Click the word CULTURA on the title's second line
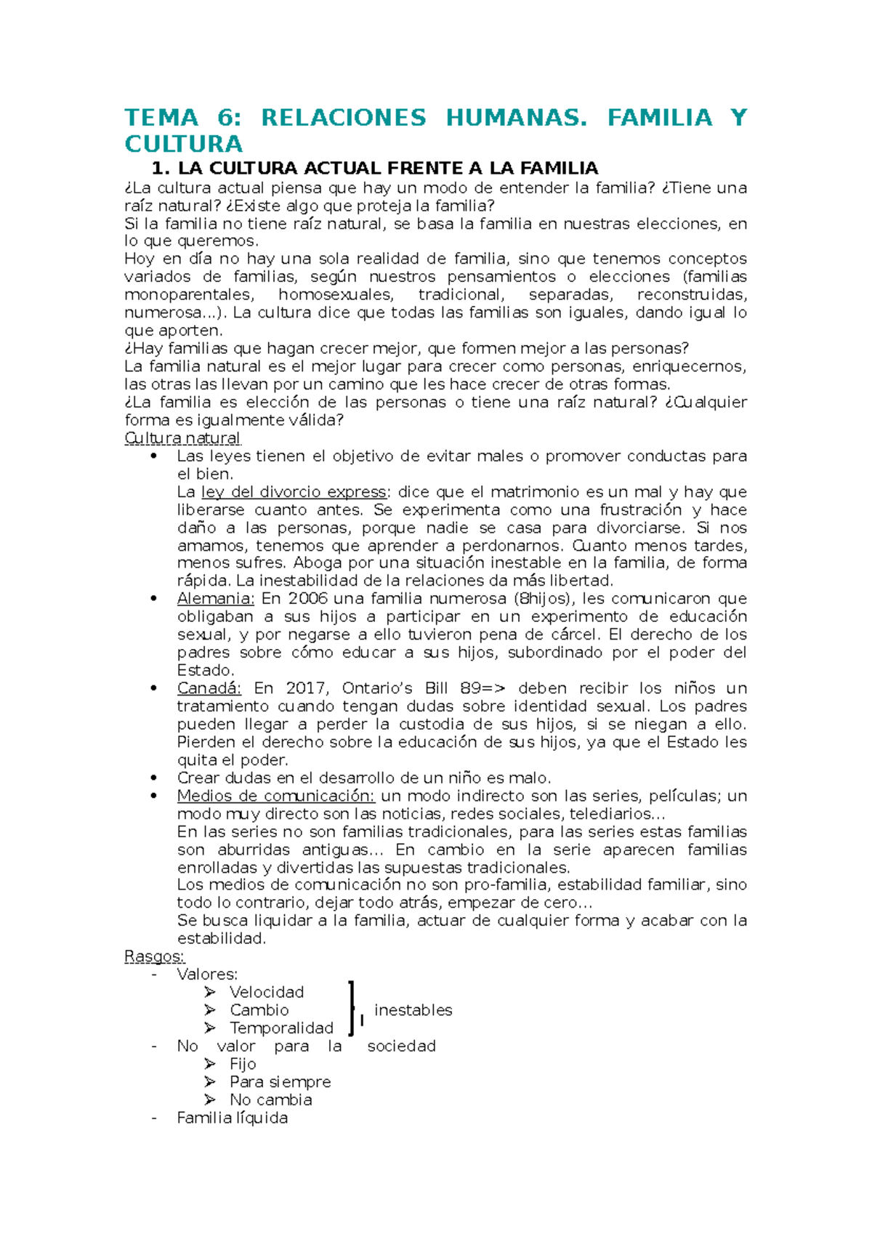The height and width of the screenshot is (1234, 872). pos(183,144)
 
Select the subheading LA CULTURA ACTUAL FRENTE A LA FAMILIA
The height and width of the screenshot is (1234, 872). pos(387,169)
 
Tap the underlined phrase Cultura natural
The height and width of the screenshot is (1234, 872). pos(182,438)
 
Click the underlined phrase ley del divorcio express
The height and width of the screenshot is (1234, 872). pos(294,492)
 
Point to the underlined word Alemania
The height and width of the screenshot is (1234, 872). pos(215,599)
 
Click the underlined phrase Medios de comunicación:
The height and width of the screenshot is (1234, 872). pos(275,796)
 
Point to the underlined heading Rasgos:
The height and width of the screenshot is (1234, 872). pos(155,956)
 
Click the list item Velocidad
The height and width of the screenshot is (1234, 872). pos(267,992)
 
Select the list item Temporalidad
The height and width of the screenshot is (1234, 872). pos(281,1028)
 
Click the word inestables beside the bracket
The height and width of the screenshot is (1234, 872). pos(413,1010)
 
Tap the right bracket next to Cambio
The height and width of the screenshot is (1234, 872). pos(352,1009)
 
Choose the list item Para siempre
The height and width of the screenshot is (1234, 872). pos(280,1082)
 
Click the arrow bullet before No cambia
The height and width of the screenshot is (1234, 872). pos(210,1100)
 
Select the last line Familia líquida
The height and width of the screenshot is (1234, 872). pos(233,1118)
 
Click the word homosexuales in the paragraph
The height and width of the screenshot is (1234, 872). pos(335,295)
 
